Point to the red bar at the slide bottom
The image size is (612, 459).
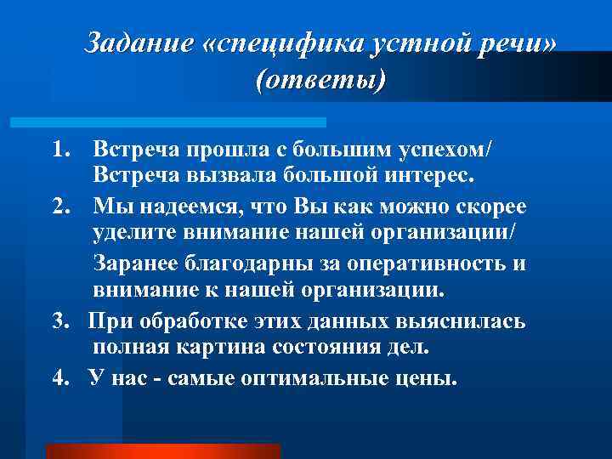(161, 450)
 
